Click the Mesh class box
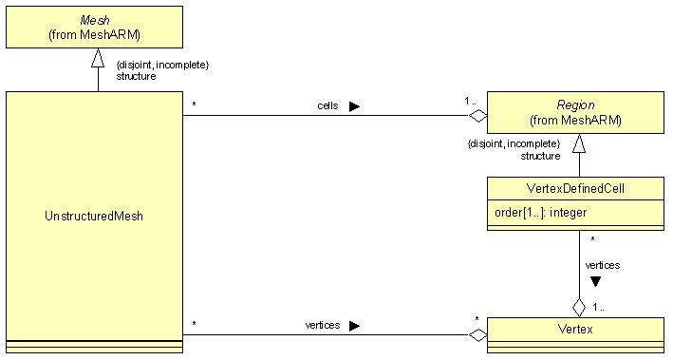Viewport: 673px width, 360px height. point(95,27)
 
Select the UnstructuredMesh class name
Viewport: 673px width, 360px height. point(94,217)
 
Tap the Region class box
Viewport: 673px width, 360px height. point(575,113)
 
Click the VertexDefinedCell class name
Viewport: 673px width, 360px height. point(575,189)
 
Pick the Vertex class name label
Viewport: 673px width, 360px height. point(575,329)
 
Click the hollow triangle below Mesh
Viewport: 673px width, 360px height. point(97,59)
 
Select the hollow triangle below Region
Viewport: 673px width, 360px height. point(579,144)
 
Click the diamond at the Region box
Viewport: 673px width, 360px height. point(477,116)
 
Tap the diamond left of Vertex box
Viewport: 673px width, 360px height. point(477,334)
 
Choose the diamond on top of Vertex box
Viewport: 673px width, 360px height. point(579,307)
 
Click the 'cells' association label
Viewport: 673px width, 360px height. point(327,105)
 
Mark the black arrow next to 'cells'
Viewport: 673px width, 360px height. point(354,106)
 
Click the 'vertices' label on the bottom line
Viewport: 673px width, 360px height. point(323,325)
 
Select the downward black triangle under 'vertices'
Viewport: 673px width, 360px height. point(595,281)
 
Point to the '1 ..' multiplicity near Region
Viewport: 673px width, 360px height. point(472,101)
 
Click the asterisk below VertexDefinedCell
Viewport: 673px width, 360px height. point(592,239)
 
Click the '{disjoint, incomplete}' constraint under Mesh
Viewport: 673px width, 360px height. point(162,65)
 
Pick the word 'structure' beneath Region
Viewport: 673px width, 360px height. point(540,155)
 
